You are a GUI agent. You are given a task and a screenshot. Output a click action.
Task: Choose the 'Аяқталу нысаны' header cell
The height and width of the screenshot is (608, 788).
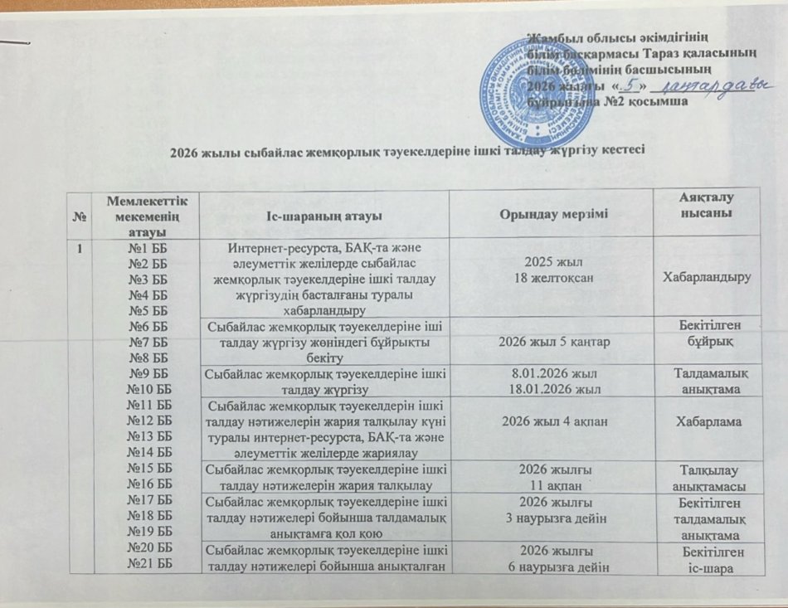pyautogui.click(x=712, y=207)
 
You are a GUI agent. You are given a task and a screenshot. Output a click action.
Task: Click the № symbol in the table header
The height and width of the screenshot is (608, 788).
pyautogui.click(x=81, y=216)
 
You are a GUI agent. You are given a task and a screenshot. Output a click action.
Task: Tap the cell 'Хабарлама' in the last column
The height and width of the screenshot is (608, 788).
pyautogui.click(x=712, y=421)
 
